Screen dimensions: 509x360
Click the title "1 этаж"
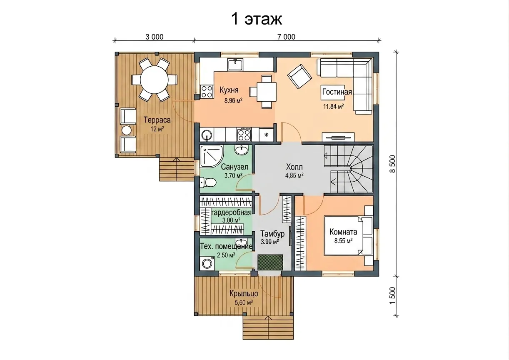pos(257,19)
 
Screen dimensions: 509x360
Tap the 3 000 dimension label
pos(155,37)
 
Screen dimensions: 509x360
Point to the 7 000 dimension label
pos(286,37)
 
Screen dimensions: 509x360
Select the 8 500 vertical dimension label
pos(392,164)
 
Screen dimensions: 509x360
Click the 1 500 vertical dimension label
pos(392,296)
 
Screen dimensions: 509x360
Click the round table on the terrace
pos(154,80)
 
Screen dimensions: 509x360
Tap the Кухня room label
pos(229,90)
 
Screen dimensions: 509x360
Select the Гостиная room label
pos(337,92)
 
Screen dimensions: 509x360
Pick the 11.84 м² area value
pos(333,106)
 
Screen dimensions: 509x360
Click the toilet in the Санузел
pos(208,182)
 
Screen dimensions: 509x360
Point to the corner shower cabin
pos(211,157)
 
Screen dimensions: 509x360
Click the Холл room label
pos(294,167)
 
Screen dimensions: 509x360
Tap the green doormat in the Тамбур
pos(270,262)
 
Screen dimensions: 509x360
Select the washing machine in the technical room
pos(207,264)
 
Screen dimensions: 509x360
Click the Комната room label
pos(343,232)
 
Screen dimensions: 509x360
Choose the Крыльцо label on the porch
pos(244,293)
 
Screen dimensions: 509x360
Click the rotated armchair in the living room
pos(299,76)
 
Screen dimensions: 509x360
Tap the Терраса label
pos(157,120)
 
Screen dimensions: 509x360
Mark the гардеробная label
pos(231,213)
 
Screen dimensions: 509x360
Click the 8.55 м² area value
pos(343,241)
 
